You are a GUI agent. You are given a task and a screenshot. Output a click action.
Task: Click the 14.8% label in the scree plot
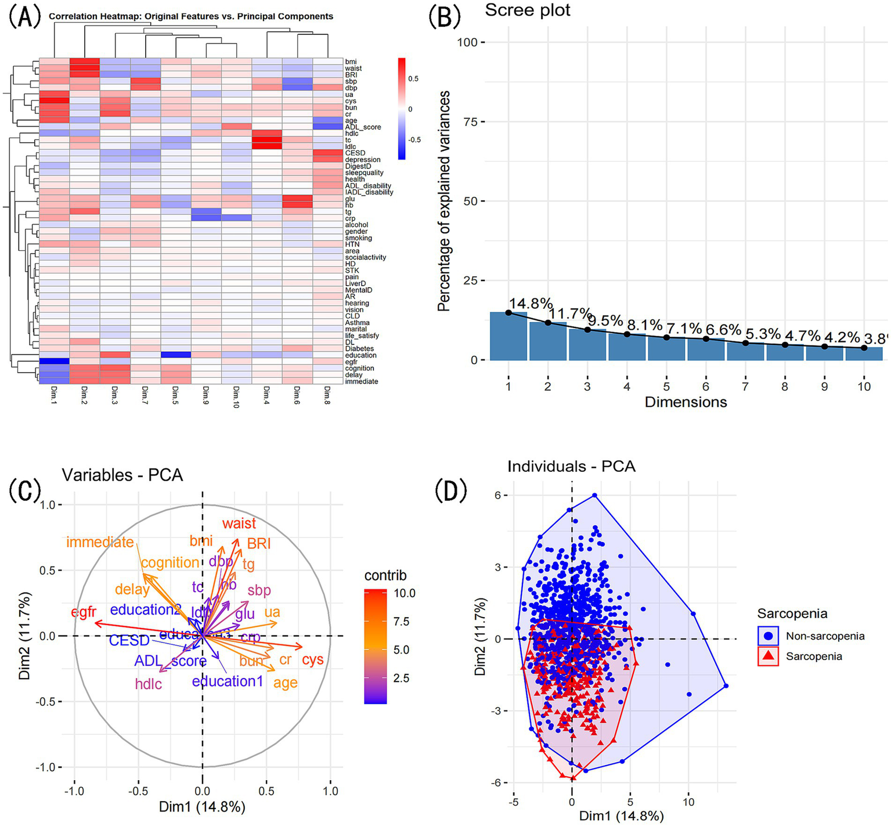tap(531, 304)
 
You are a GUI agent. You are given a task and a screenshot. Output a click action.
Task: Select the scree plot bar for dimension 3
tap(587, 345)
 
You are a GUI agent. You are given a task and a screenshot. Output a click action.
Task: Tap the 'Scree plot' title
tap(528, 10)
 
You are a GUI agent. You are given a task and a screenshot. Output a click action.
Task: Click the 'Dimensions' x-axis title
tap(686, 402)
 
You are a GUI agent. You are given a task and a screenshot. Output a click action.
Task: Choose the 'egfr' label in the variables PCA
tap(84, 612)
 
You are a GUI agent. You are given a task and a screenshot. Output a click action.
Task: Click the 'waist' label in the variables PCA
tap(239, 524)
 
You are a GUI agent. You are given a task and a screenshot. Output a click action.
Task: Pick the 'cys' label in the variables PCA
tap(312, 660)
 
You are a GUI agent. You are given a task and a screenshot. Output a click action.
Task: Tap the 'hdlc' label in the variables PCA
tap(149, 684)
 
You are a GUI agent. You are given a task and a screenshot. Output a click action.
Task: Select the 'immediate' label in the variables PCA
tap(100, 542)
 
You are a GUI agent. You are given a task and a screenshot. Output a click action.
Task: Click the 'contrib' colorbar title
tap(385, 575)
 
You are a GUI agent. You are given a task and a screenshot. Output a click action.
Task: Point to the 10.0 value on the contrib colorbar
tap(405, 593)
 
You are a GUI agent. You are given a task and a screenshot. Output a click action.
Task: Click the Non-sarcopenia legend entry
tap(825, 636)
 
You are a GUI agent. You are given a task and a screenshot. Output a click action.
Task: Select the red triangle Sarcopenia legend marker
tap(769, 656)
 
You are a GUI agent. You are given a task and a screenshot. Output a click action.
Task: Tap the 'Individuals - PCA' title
tap(571, 466)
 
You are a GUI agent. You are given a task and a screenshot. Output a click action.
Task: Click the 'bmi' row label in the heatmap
tap(351, 62)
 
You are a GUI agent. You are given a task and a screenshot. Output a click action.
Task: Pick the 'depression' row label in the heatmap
tap(363, 160)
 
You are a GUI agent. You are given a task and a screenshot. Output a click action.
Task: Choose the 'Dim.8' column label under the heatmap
tap(327, 395)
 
